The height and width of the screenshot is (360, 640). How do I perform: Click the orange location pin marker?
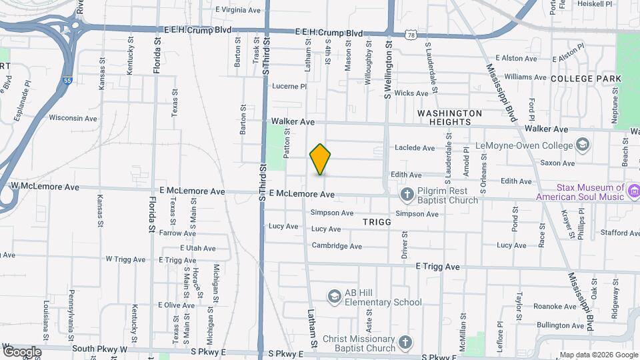click(x=321, y=159)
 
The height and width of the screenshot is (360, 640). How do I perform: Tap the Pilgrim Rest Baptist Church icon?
click(x=407, y=194)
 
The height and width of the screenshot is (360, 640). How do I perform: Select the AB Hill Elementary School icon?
click(x=334, y=295)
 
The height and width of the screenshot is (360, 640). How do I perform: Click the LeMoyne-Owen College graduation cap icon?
click(x=583, y=145)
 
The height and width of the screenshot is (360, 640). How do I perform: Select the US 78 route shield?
click(x=411, y=33)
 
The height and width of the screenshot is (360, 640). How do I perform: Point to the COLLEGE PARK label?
click(x=586, y=79)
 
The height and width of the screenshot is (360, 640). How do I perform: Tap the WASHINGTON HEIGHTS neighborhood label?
click(x=449, y=118)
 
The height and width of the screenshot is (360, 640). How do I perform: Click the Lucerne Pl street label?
click(x=289, y=86)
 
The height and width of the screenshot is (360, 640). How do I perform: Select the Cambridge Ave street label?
click(x=337, y=246)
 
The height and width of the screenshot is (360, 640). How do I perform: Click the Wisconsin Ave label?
click(x=74, y=118)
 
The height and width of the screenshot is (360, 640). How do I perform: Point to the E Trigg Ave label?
click(x=437, y=267)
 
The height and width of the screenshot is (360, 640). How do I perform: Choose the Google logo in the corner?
click(x=22, y=352)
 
